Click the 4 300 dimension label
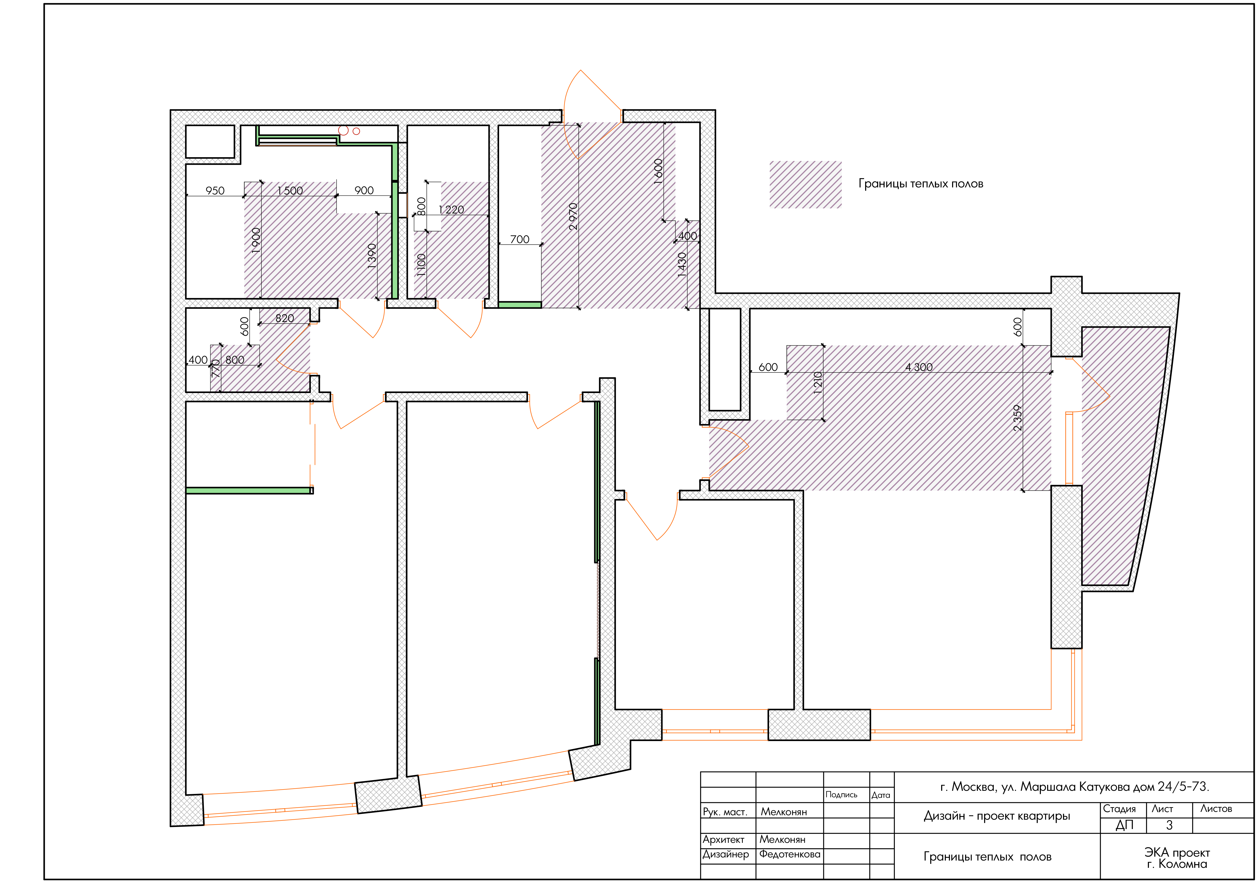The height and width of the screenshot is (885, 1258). point(919,367)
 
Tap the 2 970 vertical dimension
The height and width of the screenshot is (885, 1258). point(573,216)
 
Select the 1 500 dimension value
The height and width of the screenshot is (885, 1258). point(290,191)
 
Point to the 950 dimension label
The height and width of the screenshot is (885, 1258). point(215,191)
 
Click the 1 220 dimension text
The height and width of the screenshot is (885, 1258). point(451,210)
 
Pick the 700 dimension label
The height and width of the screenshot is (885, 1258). point(519,239)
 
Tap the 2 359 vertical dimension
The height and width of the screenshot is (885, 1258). point(1017,418)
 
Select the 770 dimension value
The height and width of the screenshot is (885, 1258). point(216,368)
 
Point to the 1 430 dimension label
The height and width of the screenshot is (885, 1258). point(682,264)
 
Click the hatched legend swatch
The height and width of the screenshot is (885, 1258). point(806,185)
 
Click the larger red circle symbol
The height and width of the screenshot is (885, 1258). point(344,130)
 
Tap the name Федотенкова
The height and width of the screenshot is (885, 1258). point(790,854)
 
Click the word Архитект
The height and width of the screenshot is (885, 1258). point(723,839)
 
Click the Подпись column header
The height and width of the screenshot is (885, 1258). point(841,795)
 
